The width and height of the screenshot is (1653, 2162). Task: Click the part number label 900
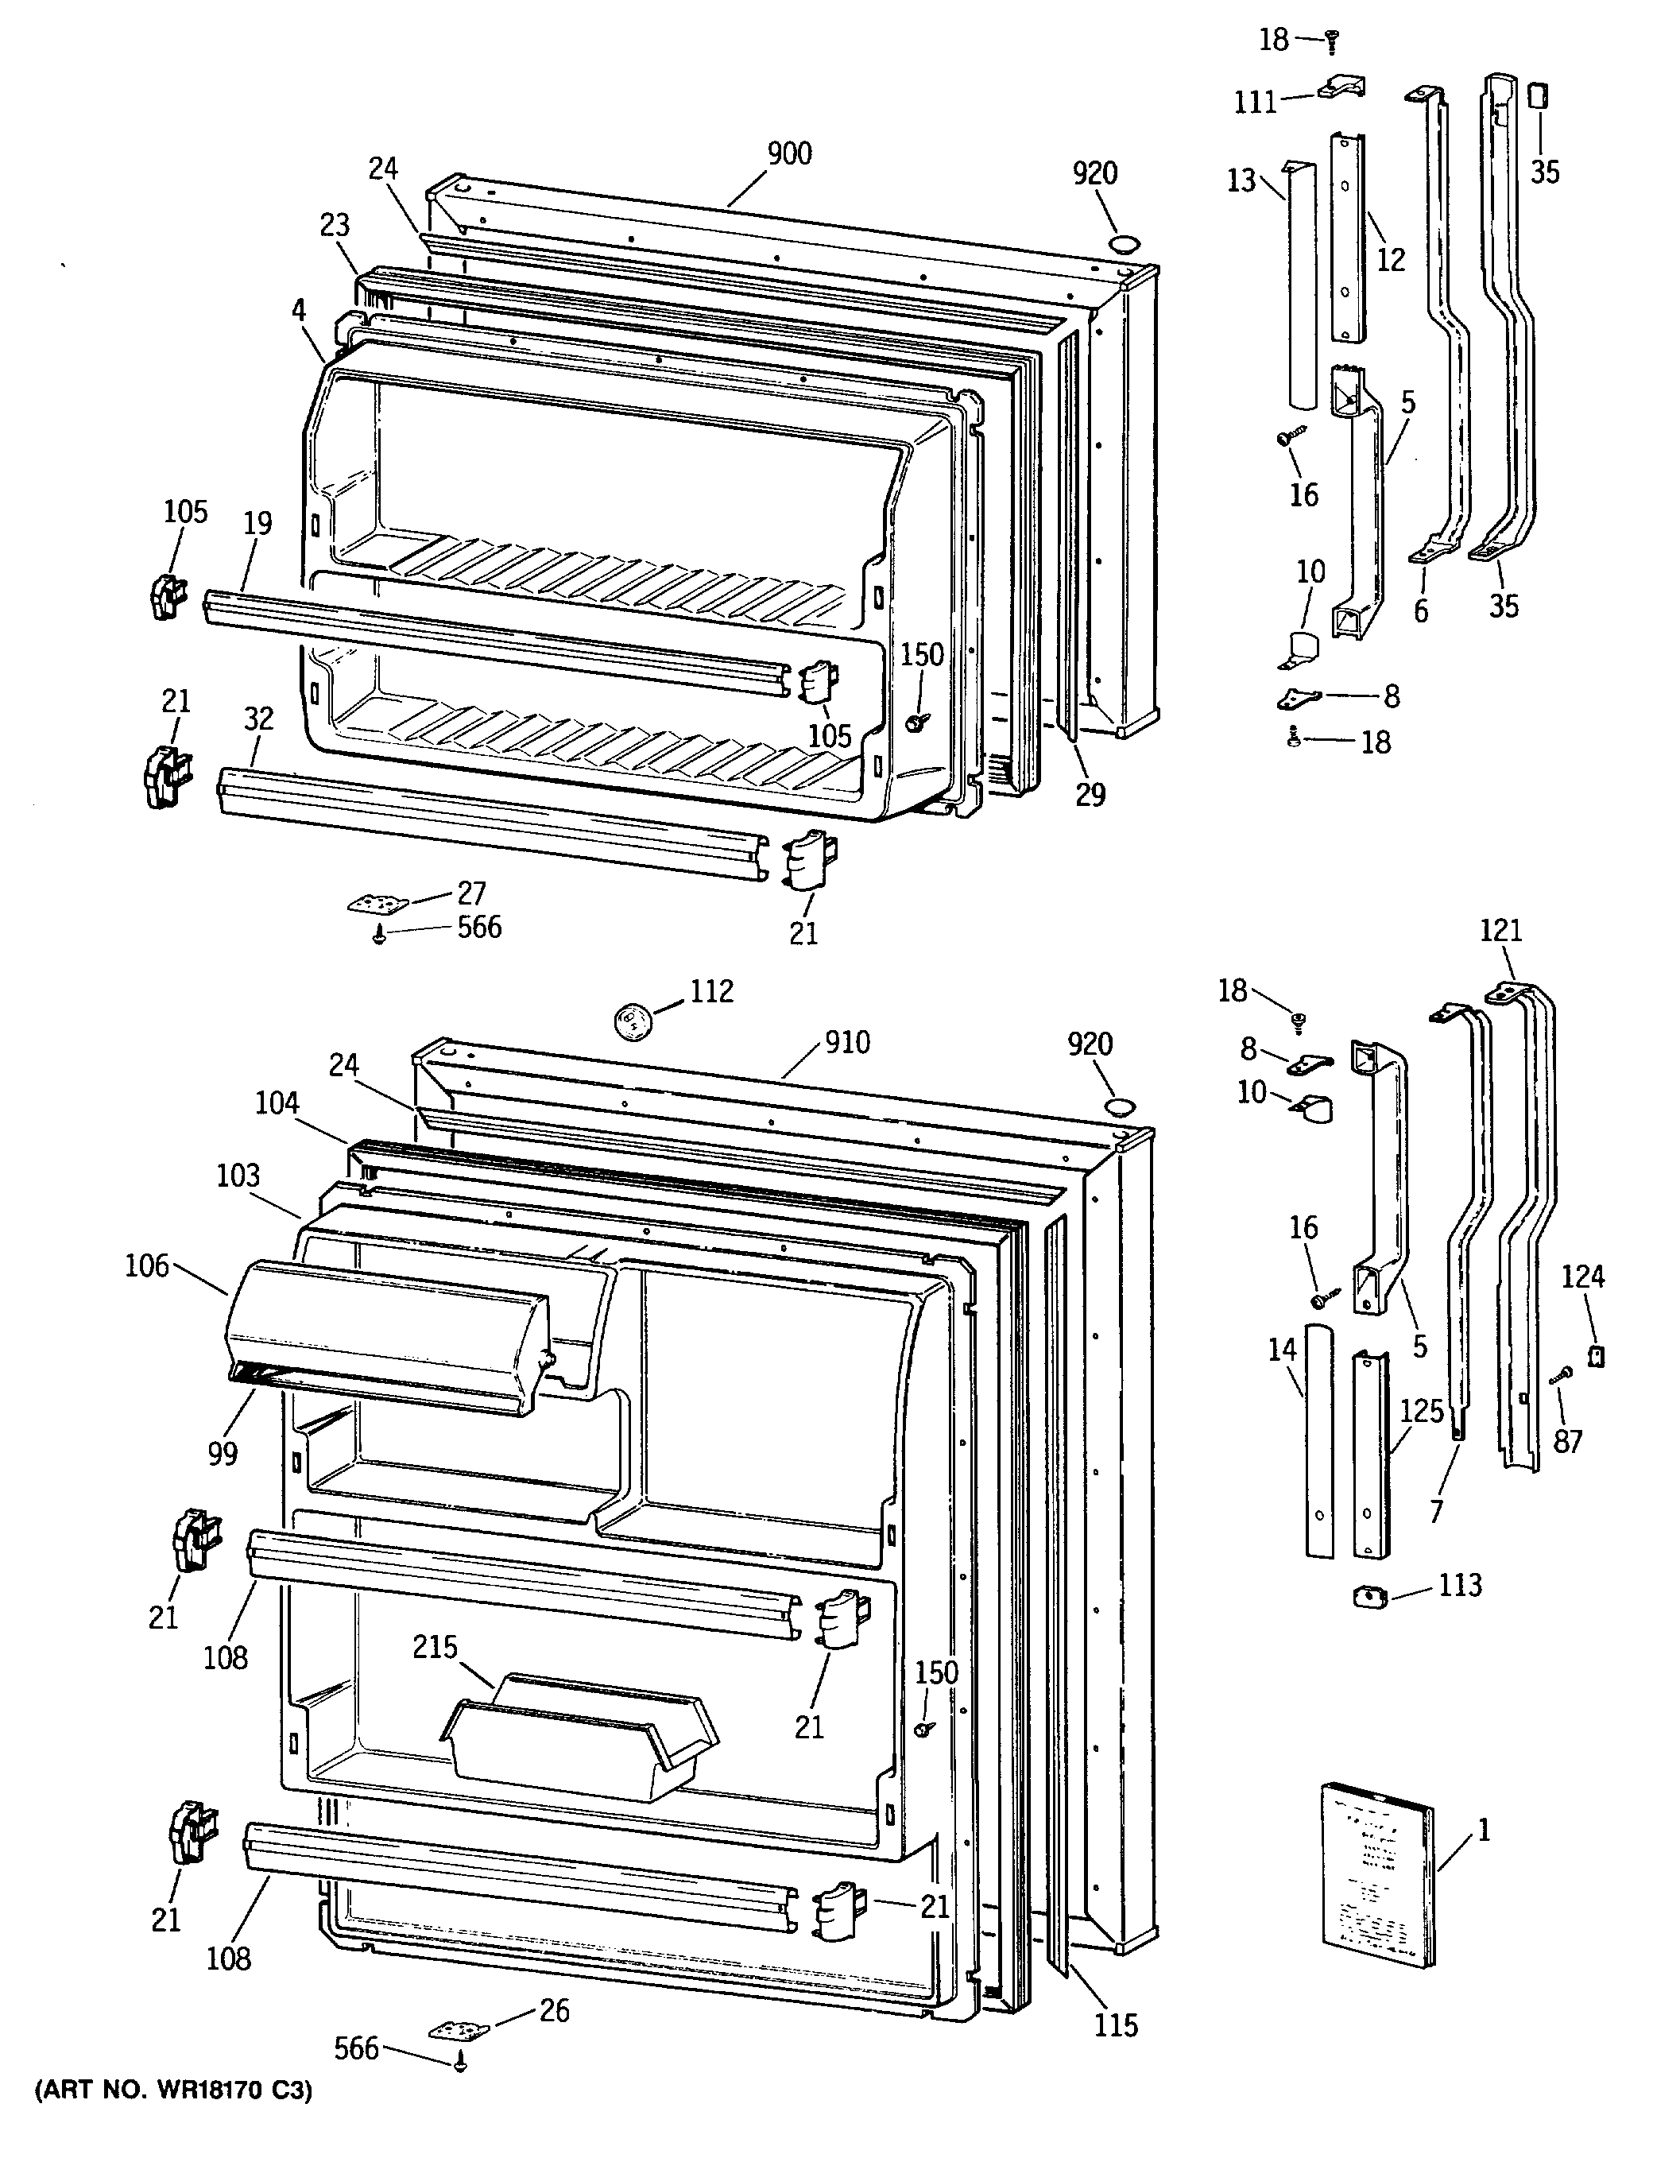pyautogui.click(x=789, y=153)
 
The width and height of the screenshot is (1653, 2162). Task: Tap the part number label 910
pyautogui.click(x=847, y=1042)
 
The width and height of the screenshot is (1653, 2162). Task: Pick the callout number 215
pyautogui.click(x=436, y=1646)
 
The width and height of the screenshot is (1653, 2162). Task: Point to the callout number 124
pyautogui.click(x=1583, y=1277)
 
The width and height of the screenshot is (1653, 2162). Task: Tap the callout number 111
pyautogui.click(x=1256, y=103)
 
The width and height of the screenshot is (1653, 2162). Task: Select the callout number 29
pyautogui.click(x=1090, y=794)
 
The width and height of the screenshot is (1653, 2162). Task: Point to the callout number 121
pyautogui.click(x=1500, y=930)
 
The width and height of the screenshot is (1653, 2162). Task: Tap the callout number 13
pyautogui.click(x=1241, y=180)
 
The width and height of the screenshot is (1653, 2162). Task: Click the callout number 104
pyautogui.click(x=277, y=1103)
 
